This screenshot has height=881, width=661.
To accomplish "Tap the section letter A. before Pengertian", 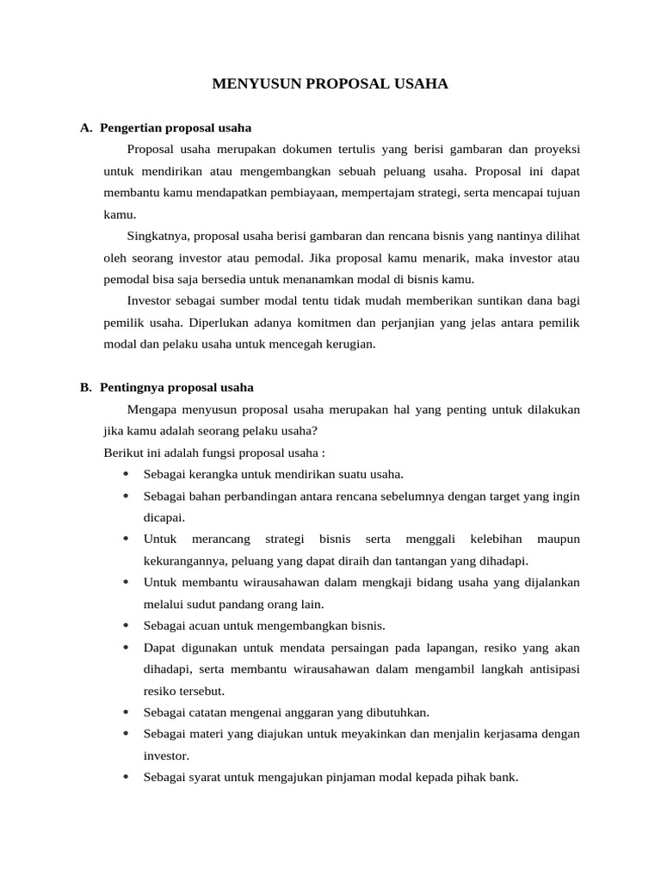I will point(86,128).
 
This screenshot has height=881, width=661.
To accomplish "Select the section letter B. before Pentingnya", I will point(86,388).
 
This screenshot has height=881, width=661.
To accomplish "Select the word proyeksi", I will point(552,150).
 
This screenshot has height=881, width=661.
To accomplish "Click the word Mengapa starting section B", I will point(151,410).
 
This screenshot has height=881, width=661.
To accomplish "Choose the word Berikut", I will point(122,453).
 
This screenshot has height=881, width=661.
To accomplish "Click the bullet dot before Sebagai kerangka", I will point(126,474).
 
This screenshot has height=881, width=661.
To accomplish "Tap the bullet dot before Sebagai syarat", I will point(126,777).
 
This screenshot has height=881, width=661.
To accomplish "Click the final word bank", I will point(506,777).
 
